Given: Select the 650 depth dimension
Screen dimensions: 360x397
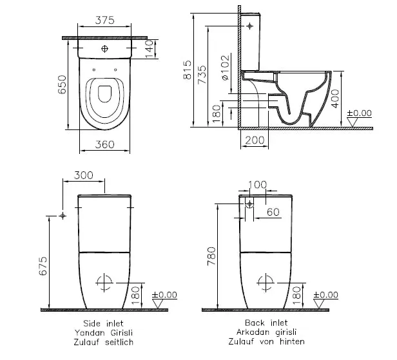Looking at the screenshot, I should (x=63, y=90).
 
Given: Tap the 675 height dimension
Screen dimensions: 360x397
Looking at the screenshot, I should (x=43, y=265).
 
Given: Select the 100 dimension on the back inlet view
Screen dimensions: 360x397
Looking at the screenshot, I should (x=257, y=184).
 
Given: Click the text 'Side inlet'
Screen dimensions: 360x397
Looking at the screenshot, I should (x=103, y=323).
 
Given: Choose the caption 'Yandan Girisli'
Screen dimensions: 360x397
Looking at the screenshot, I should (x=103, y=332).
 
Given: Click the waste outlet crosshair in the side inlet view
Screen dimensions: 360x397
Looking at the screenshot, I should (x=103, y=281).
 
